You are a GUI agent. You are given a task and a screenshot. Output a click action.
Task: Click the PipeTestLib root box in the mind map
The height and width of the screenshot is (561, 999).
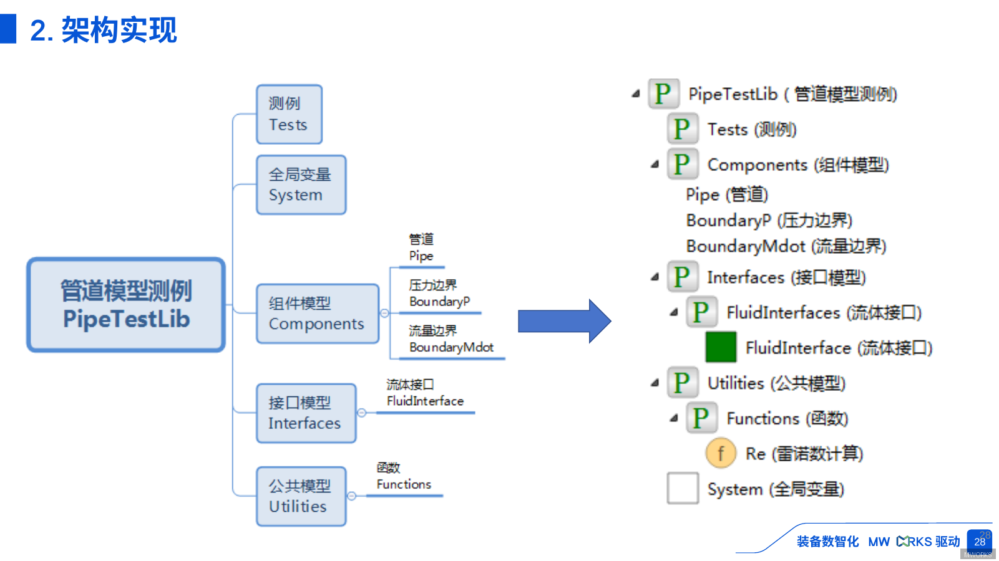[x=126, y=305]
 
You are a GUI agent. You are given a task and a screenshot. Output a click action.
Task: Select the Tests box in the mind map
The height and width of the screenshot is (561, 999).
[x=289, y=115]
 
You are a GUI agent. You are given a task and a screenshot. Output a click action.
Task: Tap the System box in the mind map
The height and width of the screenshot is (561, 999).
[x=301, y=185]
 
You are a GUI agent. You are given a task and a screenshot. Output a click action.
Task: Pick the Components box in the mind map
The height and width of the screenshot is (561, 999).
[x=317, y=314]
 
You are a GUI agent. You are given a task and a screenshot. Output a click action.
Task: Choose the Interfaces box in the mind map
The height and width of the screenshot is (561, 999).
[x=306, y=413]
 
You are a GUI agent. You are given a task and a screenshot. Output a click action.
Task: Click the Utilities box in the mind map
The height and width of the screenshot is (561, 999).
[x=301, y=496]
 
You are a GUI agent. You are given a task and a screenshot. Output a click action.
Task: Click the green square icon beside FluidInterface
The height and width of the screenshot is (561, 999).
[x=721, y=347]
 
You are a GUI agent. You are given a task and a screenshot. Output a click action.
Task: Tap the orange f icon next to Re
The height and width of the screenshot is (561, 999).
[x=721, y=453]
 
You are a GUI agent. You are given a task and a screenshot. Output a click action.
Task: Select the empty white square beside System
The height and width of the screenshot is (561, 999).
[x=683, y=488]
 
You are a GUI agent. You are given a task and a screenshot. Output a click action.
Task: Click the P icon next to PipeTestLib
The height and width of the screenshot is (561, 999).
[x=663, y=94]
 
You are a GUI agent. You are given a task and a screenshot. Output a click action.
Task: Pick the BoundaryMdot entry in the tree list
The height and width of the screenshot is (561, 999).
[x=786, y=246]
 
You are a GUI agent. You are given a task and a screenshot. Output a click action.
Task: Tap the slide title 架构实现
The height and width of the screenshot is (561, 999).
[x=119, y=30]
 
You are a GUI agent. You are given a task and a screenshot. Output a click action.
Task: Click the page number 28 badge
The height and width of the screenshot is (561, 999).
[x=980, y=541]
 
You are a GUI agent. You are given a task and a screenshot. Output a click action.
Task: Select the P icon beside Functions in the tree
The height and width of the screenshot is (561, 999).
[x=701, y=418]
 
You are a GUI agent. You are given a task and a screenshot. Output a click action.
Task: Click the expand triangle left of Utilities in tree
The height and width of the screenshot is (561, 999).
[x=655, y=383]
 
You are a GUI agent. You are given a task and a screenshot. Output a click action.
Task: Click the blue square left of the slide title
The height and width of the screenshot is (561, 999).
[x=8, y=29]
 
